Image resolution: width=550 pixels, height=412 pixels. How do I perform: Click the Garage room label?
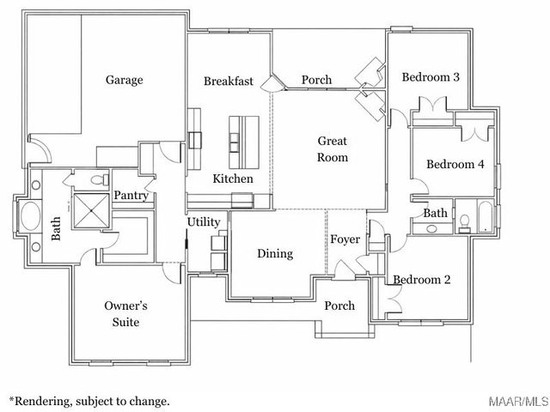pos(124,80)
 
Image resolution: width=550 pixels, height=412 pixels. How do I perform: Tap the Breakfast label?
pos(229,82)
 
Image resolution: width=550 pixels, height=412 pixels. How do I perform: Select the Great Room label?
pos(333,148)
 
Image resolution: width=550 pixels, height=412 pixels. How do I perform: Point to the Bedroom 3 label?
pos(431,77)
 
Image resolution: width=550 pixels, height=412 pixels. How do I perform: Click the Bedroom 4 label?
pos(455,165)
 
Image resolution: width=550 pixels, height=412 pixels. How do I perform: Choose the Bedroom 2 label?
pos(422,279)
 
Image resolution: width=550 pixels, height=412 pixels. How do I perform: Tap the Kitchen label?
pos(233,179)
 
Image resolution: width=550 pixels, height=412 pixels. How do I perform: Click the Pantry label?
pos(131,196)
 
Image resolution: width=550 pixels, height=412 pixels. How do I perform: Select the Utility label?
pos(204,222)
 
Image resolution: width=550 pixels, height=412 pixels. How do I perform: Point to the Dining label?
pos(275,253)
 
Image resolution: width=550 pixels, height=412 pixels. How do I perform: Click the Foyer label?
pos(345,239)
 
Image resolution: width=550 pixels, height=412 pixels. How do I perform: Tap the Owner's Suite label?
pos(126,313)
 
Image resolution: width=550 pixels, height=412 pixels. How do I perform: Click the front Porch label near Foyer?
pos(339,306)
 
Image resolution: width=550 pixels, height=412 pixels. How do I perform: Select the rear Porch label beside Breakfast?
pos(316,81)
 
